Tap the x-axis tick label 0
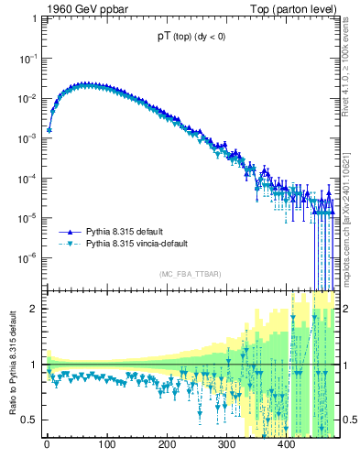click(x=47, y=446)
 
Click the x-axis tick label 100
click(x=106, y=446)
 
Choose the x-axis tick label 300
click(x=226, y=446)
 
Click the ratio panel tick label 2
click(x=35, y=309)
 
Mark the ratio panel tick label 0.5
click(x=30, y=420)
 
